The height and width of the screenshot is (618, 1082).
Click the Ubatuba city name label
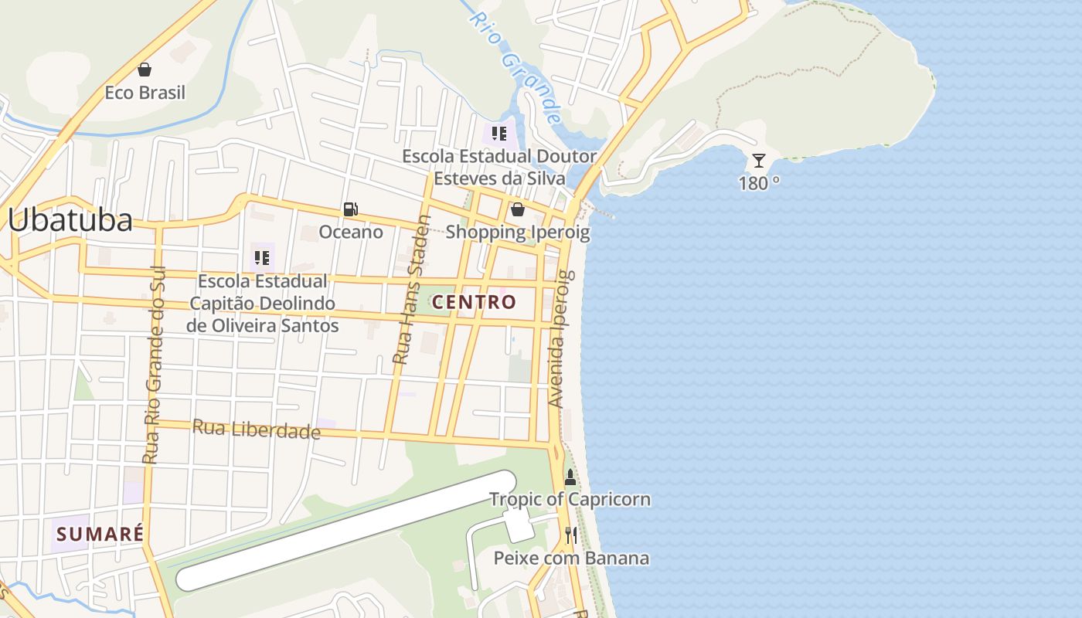pos(70,220)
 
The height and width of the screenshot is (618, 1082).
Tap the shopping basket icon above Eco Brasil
pos(145,70)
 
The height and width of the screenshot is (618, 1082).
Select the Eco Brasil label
pos(145,93)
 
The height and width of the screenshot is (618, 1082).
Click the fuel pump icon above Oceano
pos(351,209)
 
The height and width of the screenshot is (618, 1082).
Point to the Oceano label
pos(351,232)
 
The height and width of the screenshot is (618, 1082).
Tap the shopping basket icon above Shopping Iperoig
pos(517,209)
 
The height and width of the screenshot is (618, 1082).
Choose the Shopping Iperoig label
pos(517,232)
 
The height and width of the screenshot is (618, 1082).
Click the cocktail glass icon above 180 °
pos(759,161)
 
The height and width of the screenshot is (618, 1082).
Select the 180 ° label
pos(759,184)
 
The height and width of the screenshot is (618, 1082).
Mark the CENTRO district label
pos(474,302)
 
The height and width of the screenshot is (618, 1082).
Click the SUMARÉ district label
pos(100,534)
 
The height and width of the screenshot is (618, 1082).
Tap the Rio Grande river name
pos(516,67)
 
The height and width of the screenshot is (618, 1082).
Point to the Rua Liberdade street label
pos(256,430)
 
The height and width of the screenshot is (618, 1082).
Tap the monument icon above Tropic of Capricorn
pos(570,477)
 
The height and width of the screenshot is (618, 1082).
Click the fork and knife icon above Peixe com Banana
pos(571,535)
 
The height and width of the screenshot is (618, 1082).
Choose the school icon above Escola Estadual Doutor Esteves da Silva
pos(499,134)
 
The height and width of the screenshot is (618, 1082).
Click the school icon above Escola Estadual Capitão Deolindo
pos(262,258)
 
